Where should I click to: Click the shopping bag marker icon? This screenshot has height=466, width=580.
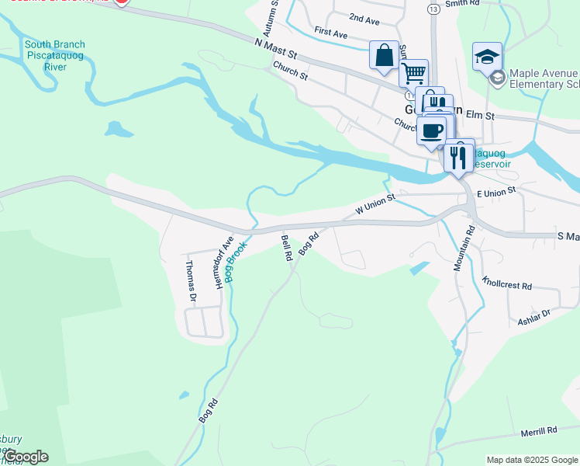384,55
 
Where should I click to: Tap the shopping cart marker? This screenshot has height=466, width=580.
414,74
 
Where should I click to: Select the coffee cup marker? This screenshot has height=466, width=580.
432,129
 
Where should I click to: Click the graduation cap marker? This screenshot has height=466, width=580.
487,57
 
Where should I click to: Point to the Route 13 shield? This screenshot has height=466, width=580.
433,8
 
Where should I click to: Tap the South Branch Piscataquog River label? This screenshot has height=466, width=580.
55,55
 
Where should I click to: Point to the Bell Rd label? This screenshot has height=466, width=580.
286,248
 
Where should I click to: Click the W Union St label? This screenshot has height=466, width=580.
375,205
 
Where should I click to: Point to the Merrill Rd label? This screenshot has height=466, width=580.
540,429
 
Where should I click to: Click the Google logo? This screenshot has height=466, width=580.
26,457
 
